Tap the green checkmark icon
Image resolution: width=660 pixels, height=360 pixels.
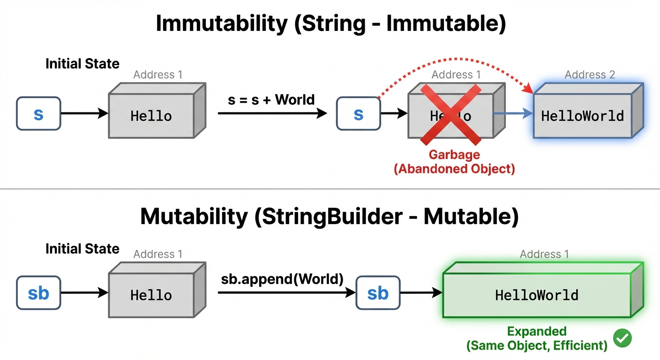click(x=622, y=338)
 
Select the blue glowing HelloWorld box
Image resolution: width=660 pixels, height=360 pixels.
click(x=583, y=116)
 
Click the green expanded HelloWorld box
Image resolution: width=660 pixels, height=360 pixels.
click(x=537, y=295)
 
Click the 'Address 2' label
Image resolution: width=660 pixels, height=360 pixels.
click(x=590, y=75)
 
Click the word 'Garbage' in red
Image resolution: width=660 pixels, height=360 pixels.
click(x=454, y=154)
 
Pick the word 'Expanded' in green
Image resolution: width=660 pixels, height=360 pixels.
click(x=537, y=331)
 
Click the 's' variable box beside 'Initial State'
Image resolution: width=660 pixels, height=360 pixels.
click(x=38, y=113)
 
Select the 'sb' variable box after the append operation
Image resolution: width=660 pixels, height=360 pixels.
click(x=378, y=293)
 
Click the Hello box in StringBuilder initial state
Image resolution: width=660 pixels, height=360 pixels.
click(x=151, y=295)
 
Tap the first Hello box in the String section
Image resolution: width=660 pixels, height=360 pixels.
click(x=151, y=116)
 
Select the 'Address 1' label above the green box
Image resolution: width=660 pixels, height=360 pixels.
click(x=544, y=254)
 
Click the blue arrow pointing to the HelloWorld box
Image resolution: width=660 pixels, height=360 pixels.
click(x=513, y=113)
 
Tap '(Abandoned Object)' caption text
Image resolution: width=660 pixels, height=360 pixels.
click(x=454, y=169)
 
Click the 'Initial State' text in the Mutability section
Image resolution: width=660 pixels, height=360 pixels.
click(x=82, y=248)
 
